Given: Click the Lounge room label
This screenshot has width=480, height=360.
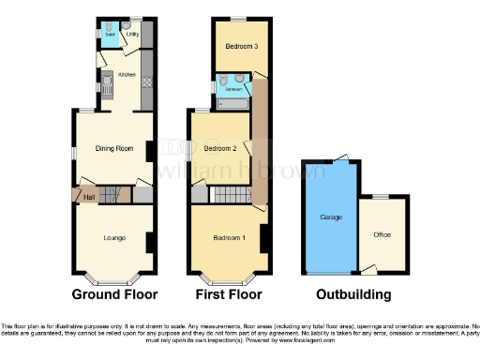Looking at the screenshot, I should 114,238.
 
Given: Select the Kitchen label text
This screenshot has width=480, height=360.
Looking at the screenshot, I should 127,74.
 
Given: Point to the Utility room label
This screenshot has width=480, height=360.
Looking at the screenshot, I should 133,35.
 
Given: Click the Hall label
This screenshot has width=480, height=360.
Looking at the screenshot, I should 89,197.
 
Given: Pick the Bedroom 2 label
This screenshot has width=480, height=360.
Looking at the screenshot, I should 219,148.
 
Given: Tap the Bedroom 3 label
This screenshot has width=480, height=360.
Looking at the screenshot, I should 241,46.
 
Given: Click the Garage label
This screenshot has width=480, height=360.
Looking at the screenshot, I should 331,217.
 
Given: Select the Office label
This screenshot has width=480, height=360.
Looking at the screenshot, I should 382,234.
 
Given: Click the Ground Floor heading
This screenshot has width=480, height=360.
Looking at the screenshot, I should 113,294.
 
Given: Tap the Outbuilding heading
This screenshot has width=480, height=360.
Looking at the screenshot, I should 353,294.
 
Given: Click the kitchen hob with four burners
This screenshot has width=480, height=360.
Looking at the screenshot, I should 146,82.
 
